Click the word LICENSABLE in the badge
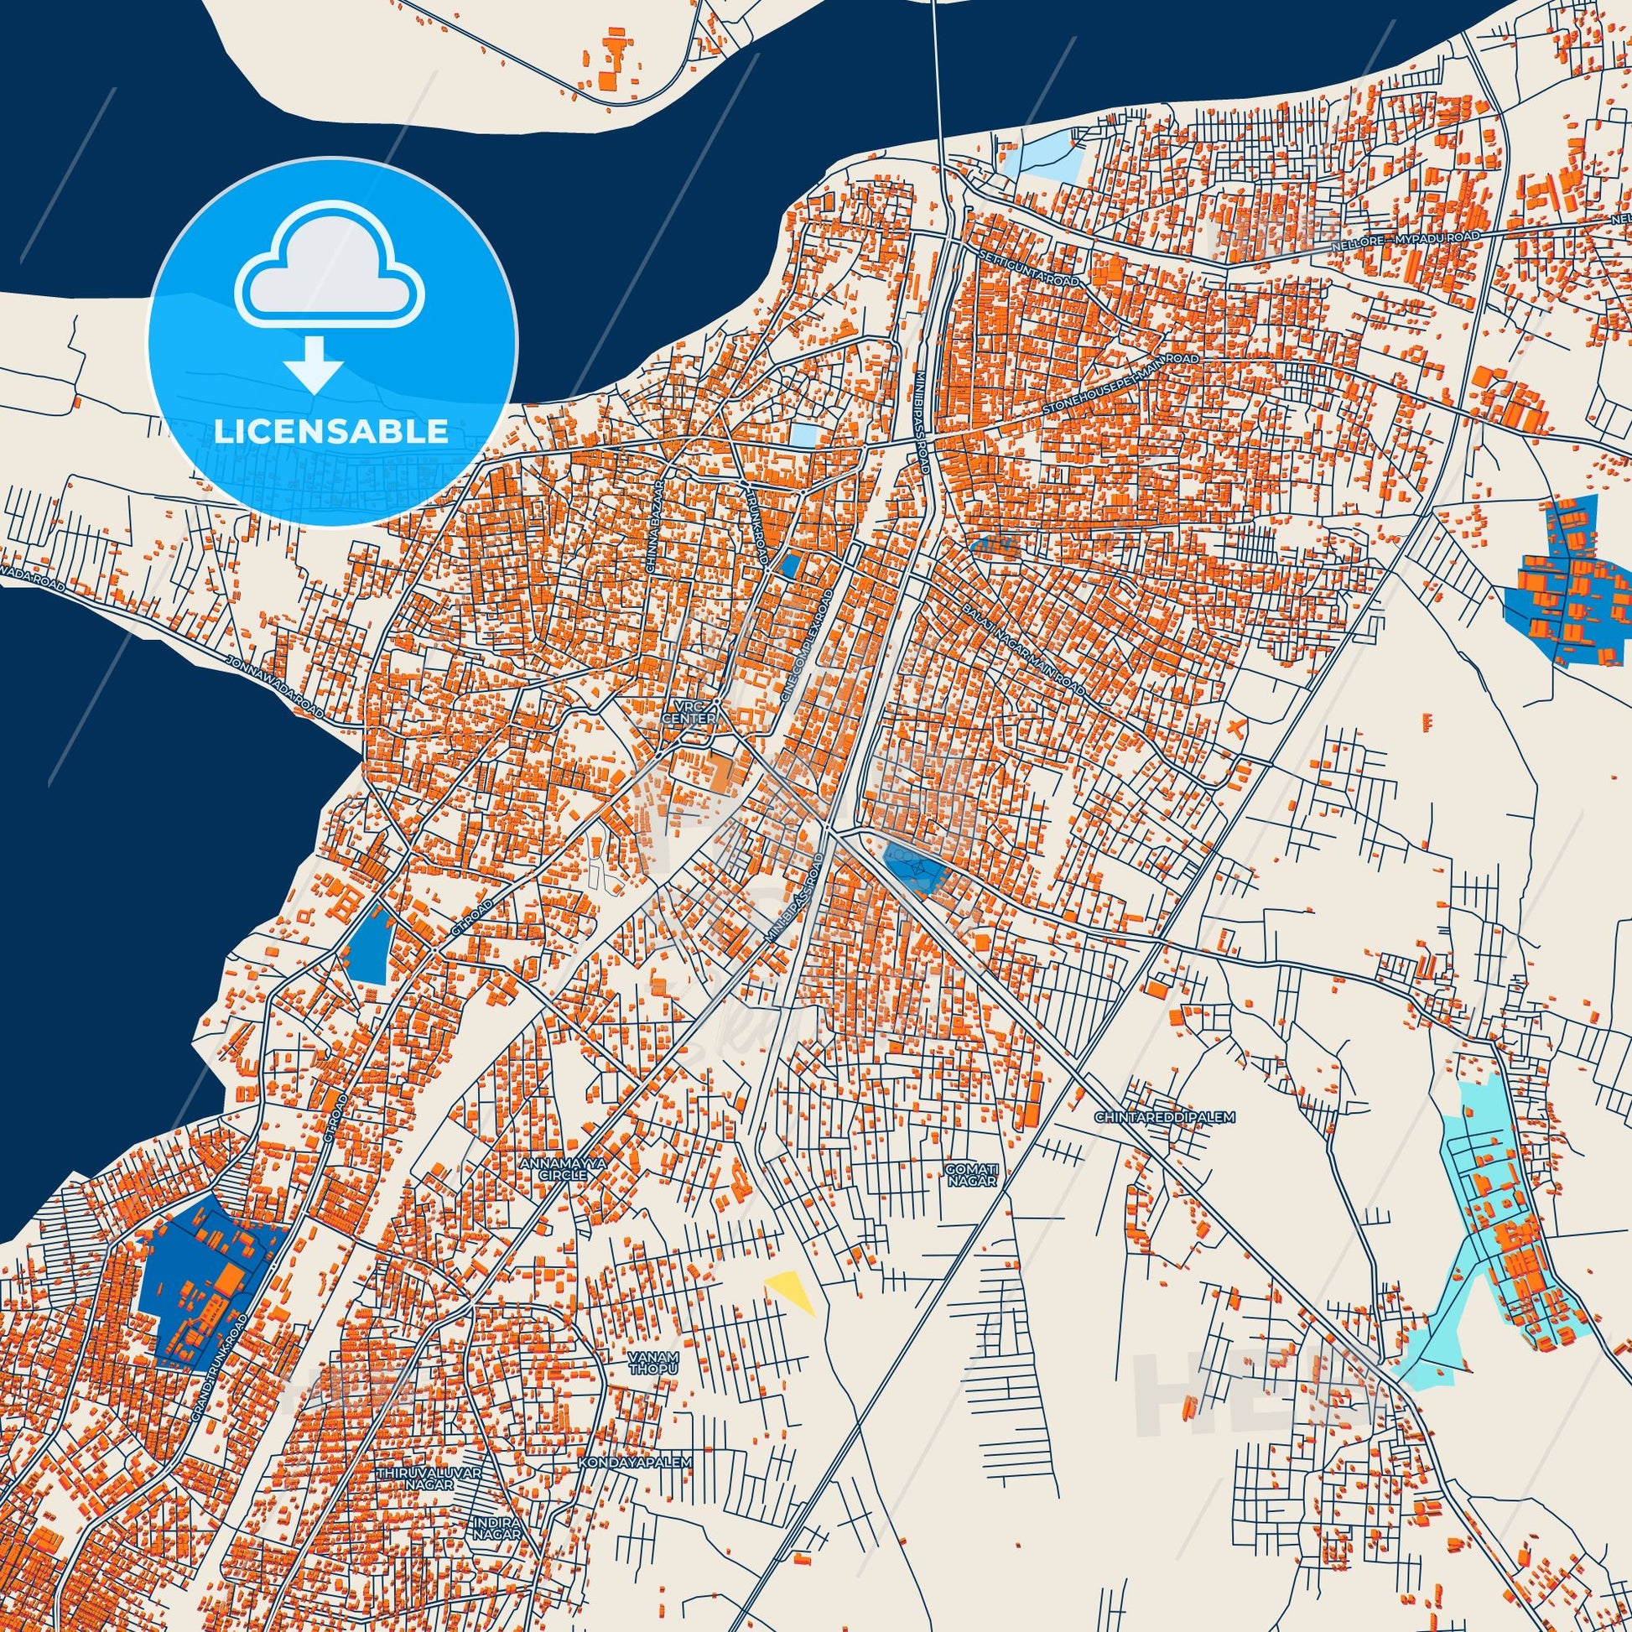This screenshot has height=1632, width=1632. (x=331, y=431)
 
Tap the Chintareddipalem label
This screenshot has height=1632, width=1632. (x=1165, y=1117)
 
